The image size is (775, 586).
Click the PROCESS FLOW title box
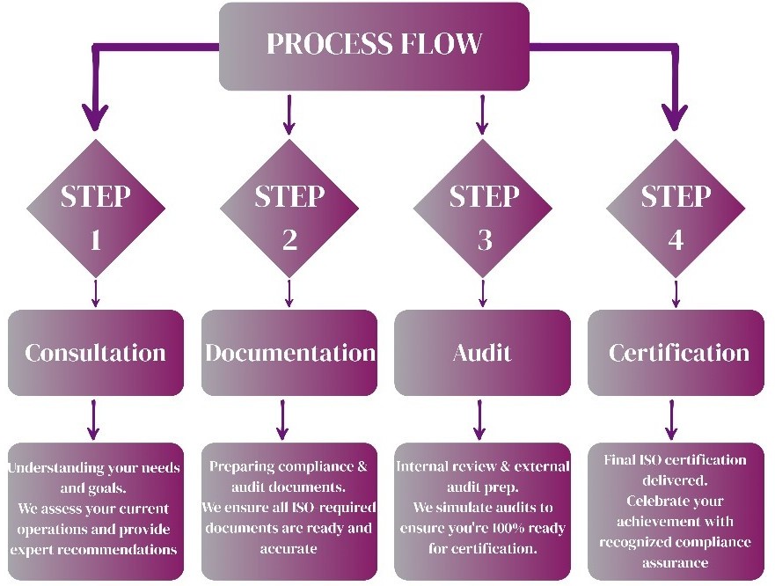coord(374,46)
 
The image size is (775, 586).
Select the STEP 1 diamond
coord(96,216)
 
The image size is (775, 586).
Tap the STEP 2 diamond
coord(289,216)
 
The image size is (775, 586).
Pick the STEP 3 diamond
coord(483,216)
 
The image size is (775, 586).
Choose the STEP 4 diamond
coord(676,216)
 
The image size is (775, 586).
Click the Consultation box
coord(96,353)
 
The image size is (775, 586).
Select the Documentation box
coord(289,353)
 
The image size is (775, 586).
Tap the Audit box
coord(482,353)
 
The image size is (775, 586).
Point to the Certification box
coord(676,353)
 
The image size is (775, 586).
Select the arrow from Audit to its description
coord(480,419)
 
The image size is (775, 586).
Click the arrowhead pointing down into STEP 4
coord(676,117)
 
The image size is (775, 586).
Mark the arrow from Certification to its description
coord(673,419)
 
